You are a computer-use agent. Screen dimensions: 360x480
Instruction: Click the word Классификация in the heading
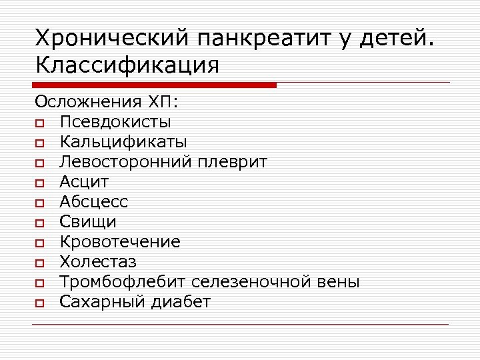tap(127, 65)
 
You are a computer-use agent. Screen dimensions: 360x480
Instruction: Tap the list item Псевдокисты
tap(115, 122)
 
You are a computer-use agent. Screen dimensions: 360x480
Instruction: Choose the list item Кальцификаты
tap(123, 142)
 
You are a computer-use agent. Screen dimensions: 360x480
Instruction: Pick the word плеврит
tap(238, 162)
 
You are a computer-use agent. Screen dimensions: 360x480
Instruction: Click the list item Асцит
tap(84, 182)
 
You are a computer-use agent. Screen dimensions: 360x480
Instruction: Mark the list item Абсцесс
tap(93, 202)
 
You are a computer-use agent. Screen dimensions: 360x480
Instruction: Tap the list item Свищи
tap(88, 222)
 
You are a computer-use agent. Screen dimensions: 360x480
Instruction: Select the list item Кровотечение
tap(120, 242)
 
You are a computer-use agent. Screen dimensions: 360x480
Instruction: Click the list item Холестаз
tap(98, 262)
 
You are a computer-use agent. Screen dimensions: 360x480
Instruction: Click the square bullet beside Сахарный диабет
tap(41, 303)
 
